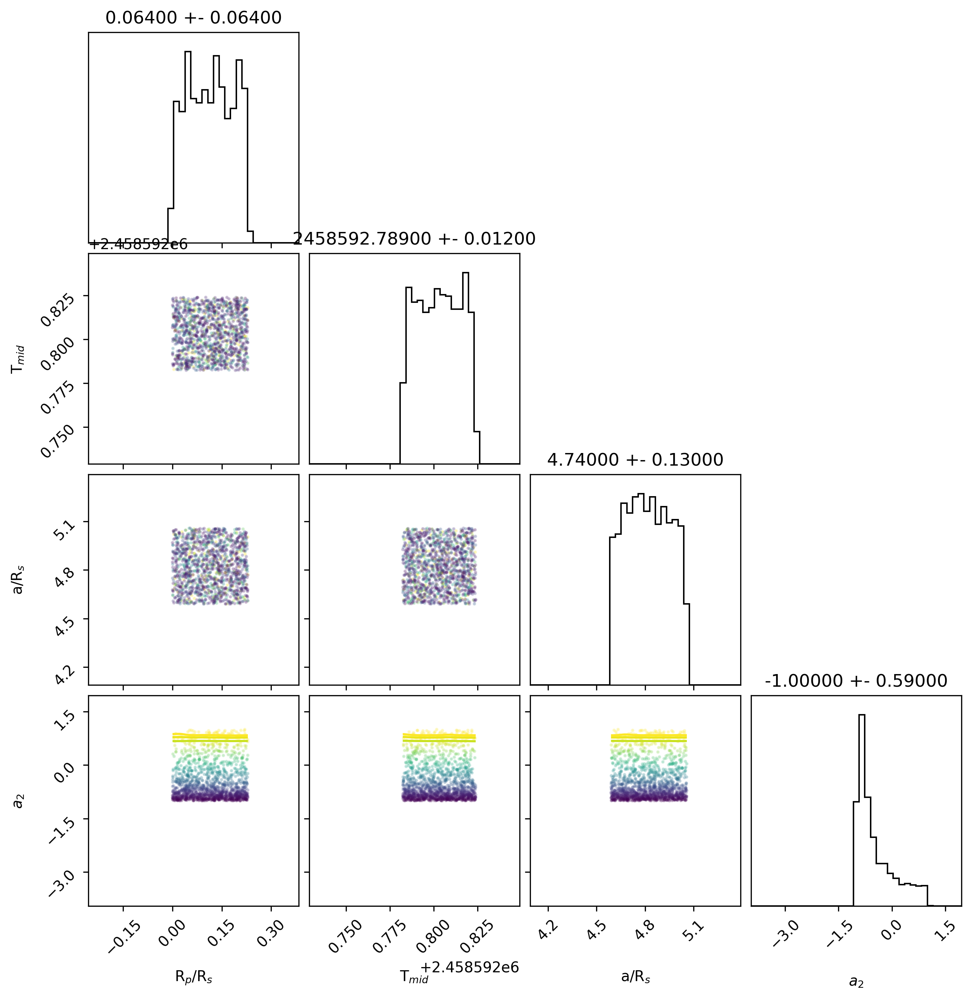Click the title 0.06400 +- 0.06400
click(x=194, y=18)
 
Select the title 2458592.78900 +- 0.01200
click(x=414, y=239)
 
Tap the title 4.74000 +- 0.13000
click(x=635, y=460)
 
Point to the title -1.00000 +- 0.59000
click(x=856, y=681)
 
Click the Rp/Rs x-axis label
click(x=194, y=977)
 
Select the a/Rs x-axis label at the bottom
click(x=636, y=977)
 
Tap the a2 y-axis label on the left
click(x=18, y=800)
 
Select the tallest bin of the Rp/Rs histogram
click(x=187, y=147)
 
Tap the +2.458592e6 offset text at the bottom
click(x=469, y=967)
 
